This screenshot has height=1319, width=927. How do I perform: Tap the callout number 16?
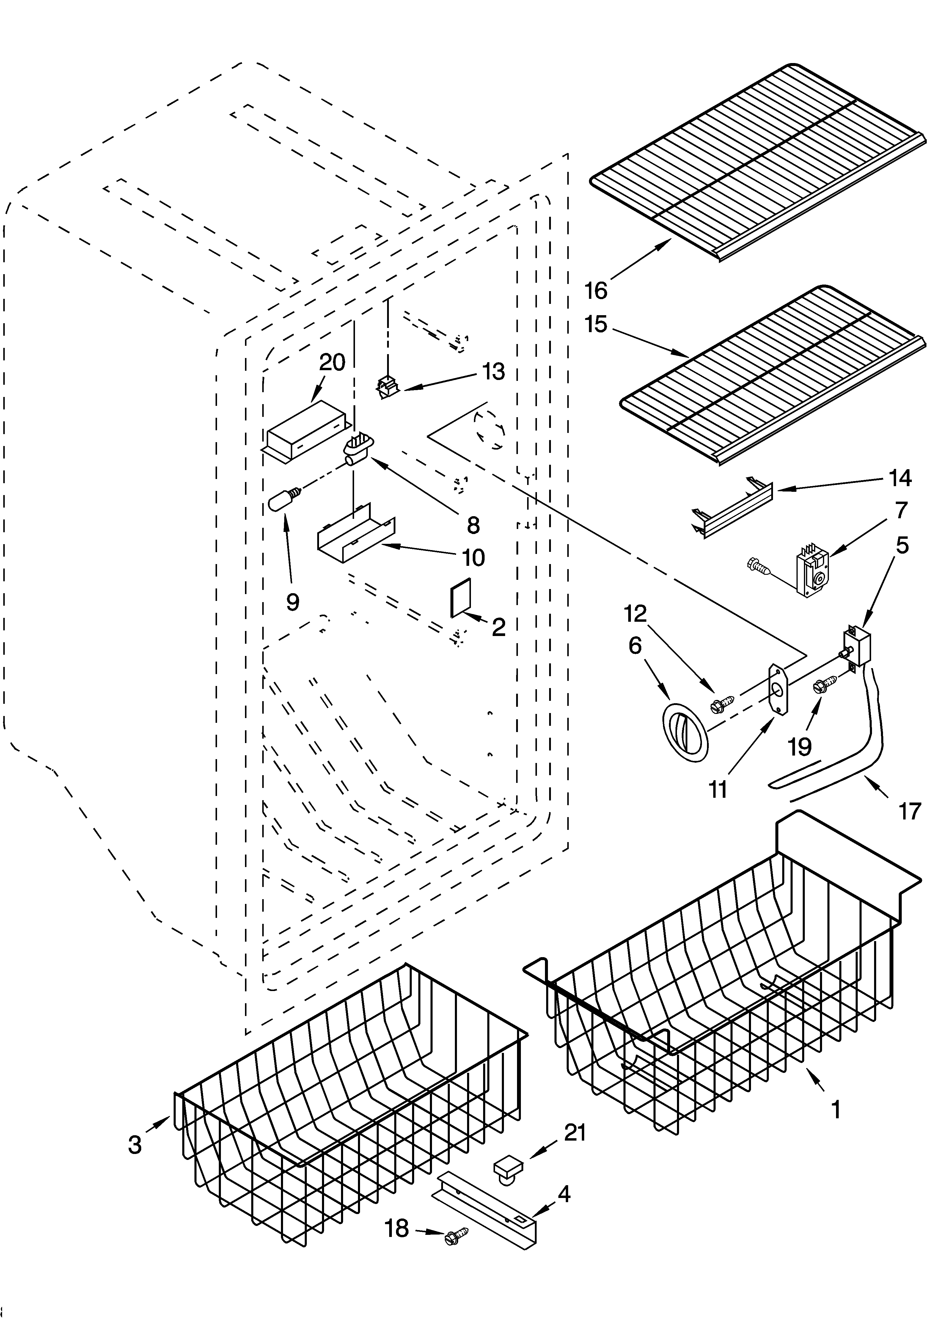tap(596, 290)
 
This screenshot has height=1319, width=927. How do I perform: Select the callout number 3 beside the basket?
tap(134, 1144)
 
